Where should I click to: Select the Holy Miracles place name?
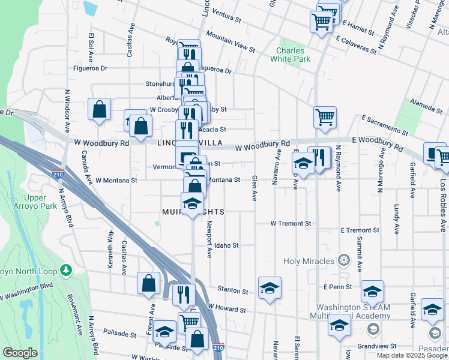pos(310,260)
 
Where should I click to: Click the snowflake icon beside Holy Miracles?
pos(343,260)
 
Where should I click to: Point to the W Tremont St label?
pos(291,223)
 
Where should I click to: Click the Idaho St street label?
pos(227,245)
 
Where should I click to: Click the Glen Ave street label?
pos(255,188)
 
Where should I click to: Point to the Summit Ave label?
pos(360,253)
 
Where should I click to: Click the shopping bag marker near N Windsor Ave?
pos(100,110)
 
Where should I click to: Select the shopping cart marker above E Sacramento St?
pos(325,117)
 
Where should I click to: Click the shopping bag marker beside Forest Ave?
pos(148,283)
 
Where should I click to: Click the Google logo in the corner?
pos(20,353)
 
